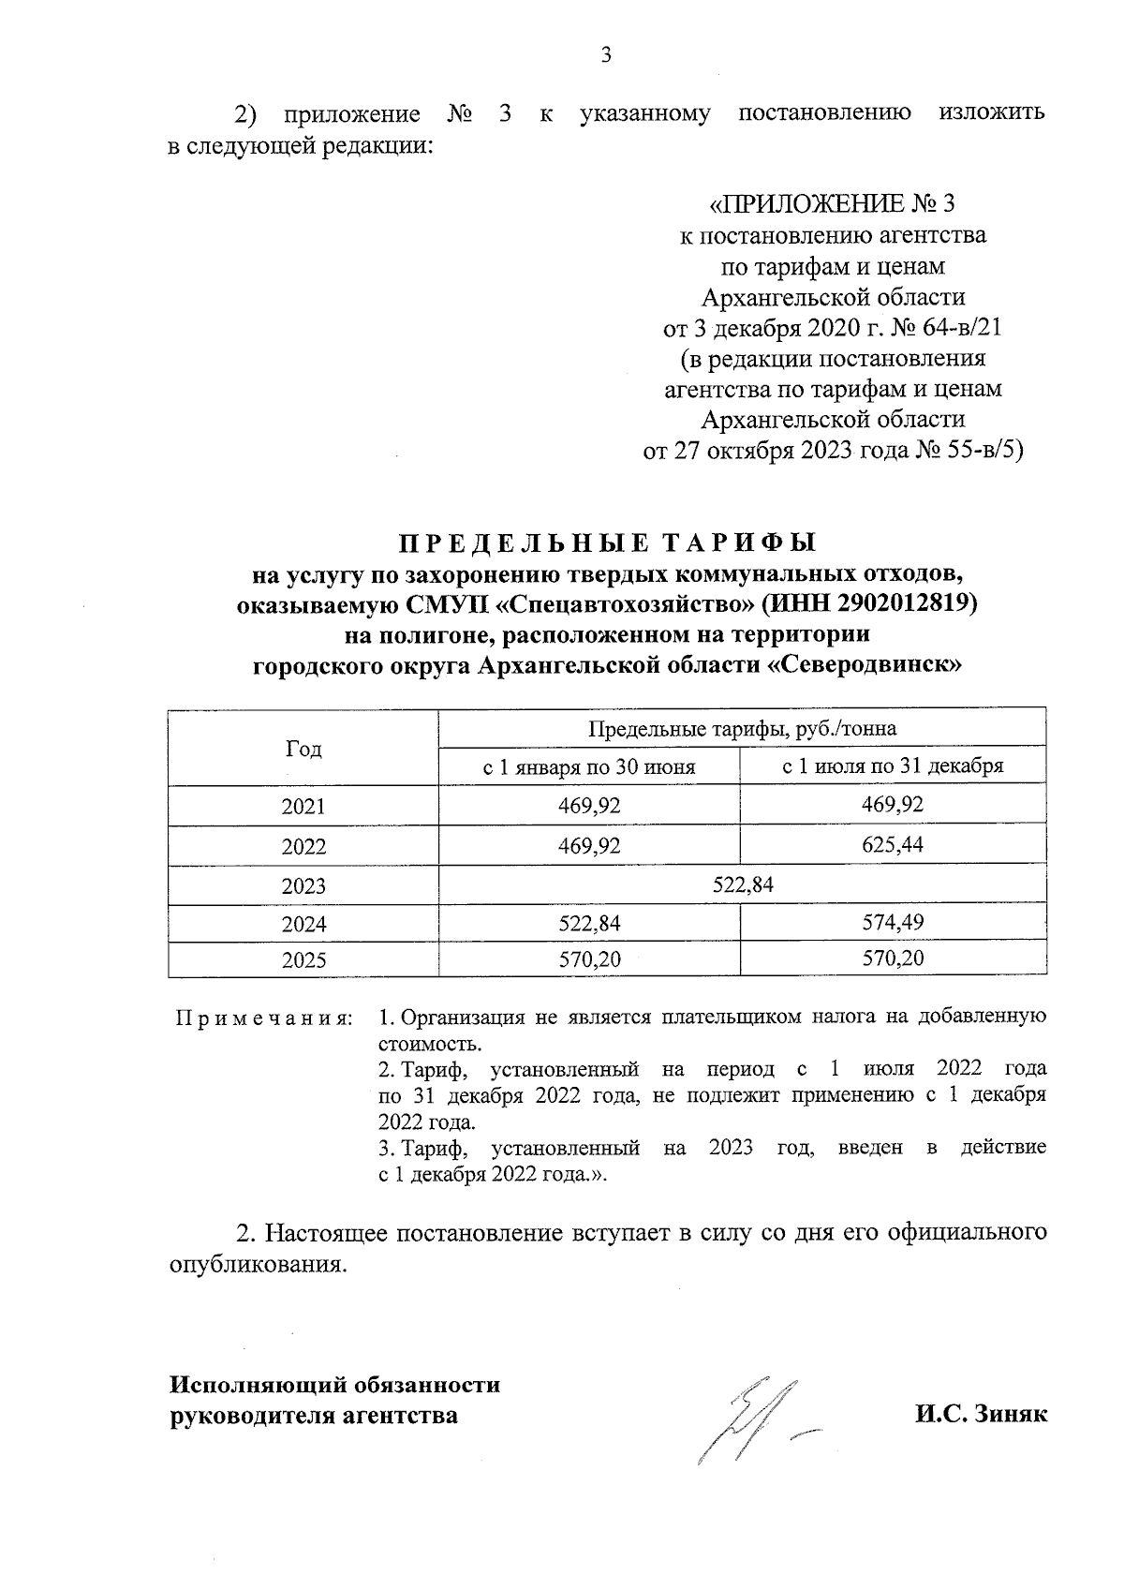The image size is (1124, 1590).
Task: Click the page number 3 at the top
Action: pos(605,54)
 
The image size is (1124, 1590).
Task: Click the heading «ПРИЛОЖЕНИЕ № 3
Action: pos(833,204)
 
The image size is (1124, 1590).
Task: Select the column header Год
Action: pos(303,749)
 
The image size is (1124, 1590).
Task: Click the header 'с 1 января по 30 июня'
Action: pos(588,766)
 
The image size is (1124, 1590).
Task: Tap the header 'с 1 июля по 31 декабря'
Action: pos(893,766)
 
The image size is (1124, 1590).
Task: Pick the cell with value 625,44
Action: pos(893,845)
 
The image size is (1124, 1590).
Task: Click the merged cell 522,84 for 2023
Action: pos(743,884)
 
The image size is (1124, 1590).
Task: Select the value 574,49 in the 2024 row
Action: pos(893,923)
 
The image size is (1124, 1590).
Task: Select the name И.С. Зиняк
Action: pos(981,1415)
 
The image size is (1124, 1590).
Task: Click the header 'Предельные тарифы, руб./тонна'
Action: pos(742,729)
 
